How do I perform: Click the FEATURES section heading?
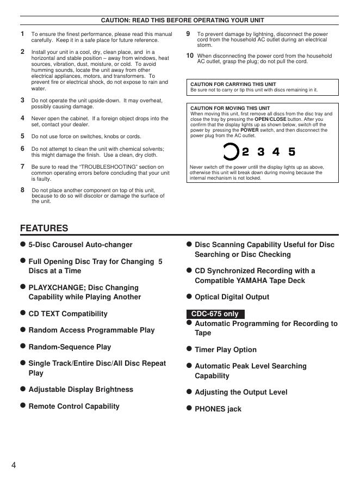click(44, 229)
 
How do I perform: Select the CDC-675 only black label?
click(215, 314)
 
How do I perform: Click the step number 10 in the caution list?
click(190, 56)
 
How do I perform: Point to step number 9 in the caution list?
click(188, 34)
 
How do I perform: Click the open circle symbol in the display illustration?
click(231, 152)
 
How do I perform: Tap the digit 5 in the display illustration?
click(292, 152)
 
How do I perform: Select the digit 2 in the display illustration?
click(246, 152)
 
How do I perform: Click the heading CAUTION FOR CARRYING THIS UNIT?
click(233, 85)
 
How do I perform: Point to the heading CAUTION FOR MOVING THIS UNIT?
click(230, 108)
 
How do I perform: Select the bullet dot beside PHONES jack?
click(189, 408)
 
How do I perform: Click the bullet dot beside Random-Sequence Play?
click(23, 346)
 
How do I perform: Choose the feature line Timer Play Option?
click(225, 349)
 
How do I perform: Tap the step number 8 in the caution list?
click(22, 190)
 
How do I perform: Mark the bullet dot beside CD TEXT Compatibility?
click(23, 313)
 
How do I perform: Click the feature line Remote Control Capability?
click(74, 406)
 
